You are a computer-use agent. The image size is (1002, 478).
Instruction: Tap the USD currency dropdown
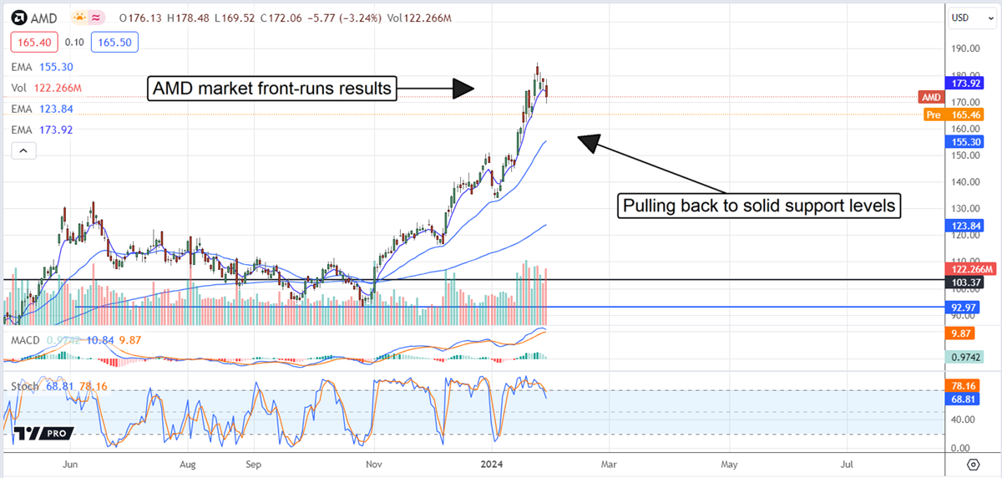point(966,17)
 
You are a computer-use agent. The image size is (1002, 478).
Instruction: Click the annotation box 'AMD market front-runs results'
point(271,88)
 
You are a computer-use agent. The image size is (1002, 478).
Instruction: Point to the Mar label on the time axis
point(610,463)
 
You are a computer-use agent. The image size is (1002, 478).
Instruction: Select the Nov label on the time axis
point(374,463)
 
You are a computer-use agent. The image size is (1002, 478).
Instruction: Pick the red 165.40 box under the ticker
point(31,42)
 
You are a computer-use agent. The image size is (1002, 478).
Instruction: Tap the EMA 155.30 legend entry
point(43,66)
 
